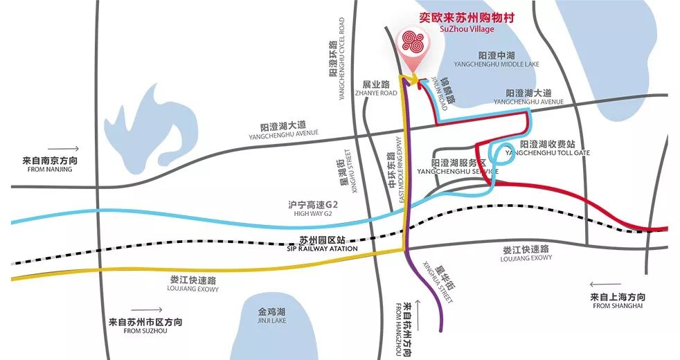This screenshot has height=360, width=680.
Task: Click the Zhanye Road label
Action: coord(379,87)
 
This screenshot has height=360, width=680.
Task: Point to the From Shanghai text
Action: coord(618,300)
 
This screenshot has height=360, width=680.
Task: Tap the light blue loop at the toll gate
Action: coord(500,155)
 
